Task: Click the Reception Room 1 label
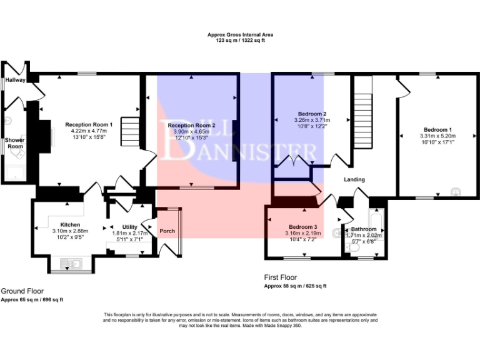(x=89, y=124)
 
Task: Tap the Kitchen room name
(x=70, y=224)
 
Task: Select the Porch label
(x=167, y=231)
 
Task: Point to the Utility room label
(x=129, y=227)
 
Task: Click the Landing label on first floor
(x=354, y=179)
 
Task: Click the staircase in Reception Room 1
(x=130, y=131)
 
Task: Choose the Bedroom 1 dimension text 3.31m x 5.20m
(x=437, y=136)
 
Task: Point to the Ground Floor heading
(x=22, y=291)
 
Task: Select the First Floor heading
(x=281, y=277)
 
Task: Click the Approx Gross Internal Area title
(x=240, y=34)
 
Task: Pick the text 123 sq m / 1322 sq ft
(x=240, y=40)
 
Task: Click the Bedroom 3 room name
(x=302, y=226)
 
